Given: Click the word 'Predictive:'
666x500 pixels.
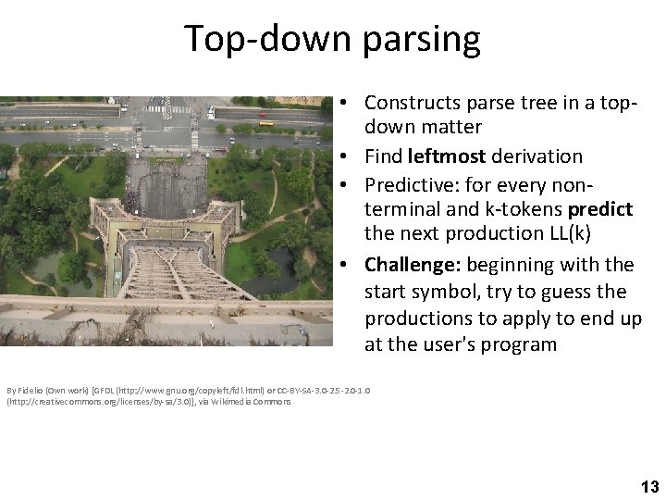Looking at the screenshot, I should pos(413,182).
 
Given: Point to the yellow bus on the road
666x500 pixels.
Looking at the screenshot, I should pos(266,122).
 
